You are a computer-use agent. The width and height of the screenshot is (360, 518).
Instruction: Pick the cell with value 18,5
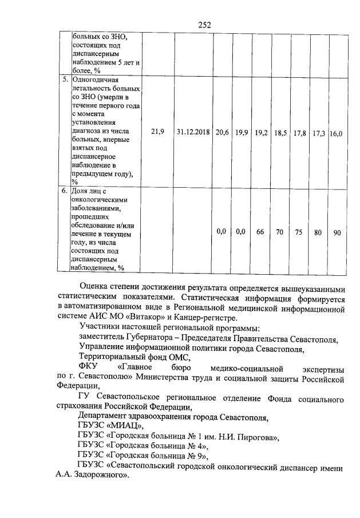[x=280, y=132]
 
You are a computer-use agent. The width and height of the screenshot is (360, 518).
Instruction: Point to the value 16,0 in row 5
[x=336, y=133]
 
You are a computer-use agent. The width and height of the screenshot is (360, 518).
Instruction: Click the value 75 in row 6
[x=299, y=232]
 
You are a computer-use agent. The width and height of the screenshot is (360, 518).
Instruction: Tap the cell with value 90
[x=337, y=232]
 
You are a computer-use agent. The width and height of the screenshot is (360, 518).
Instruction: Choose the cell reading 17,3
[x=319, y=133]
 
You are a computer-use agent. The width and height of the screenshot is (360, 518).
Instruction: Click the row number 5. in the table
[x=65, y=79]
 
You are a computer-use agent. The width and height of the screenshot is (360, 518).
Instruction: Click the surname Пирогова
[x=257, y=438]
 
